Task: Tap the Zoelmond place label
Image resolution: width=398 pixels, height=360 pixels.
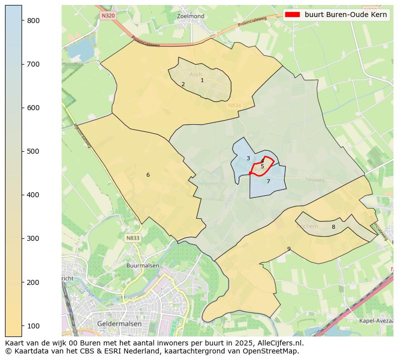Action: [191, 17]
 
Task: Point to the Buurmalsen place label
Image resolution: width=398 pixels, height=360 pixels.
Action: [143, 265]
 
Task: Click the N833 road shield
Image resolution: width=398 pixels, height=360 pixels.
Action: [133, 238]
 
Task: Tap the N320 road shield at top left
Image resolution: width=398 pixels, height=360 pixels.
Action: [108, 16]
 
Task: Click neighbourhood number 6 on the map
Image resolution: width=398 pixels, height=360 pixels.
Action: [148, 175]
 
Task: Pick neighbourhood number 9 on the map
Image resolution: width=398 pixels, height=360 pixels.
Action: [289, 249]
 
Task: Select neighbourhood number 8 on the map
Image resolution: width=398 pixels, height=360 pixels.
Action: [333, 227]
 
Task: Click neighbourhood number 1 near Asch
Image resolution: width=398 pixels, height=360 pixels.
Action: [202, 80]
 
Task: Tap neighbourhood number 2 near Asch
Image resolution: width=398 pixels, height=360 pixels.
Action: [183, 84]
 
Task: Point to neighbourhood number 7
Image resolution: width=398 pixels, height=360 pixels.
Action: [268, 181]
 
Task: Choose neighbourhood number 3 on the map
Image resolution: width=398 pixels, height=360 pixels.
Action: [248, 158]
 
